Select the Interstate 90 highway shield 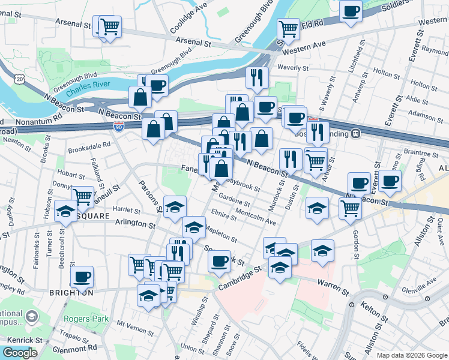point(118,126)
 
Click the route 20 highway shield point(20,79)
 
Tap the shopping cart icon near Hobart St point(82,196)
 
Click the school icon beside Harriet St point(175,207)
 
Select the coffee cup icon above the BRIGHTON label point(82,277)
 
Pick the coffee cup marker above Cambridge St point(220,260)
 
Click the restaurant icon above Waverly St point(255,77)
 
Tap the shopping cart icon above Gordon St point(350,208)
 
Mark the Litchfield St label point(361,57)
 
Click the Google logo point(20,353)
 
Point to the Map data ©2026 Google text point(411,355)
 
